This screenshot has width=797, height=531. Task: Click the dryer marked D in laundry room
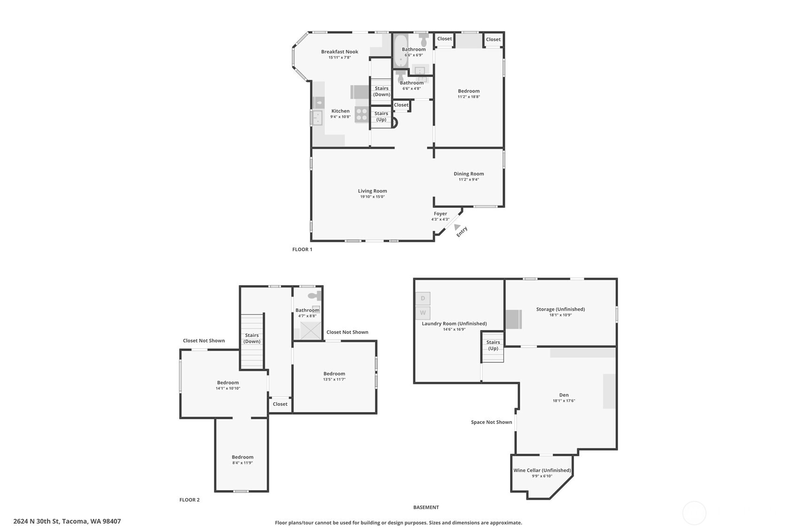(423, 299)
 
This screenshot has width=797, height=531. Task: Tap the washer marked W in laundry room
(423, 313)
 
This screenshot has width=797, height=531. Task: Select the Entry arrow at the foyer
(457, 227)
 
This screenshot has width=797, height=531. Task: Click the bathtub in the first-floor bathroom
(401, 50)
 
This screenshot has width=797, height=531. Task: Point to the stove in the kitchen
(362, 115)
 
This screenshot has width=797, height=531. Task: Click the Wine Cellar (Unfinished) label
(542, 470)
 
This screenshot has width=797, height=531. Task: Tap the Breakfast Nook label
(340, 52)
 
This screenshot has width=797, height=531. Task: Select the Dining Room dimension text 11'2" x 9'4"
(469, 179)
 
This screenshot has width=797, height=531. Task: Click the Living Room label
(372, 191)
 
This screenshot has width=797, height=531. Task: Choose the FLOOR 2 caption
(189, 500)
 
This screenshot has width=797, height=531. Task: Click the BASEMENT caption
(426, 508)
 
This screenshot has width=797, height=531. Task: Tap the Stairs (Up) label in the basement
(493, 345)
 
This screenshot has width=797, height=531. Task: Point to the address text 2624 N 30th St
(67, 521)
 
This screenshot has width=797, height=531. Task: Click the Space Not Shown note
(491, 422)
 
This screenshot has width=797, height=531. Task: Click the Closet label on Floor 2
(280, 404)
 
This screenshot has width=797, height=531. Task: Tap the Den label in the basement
(564, 395)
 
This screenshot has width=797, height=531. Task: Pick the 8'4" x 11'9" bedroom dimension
(242, 463)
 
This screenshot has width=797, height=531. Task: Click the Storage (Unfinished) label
(560, 309)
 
